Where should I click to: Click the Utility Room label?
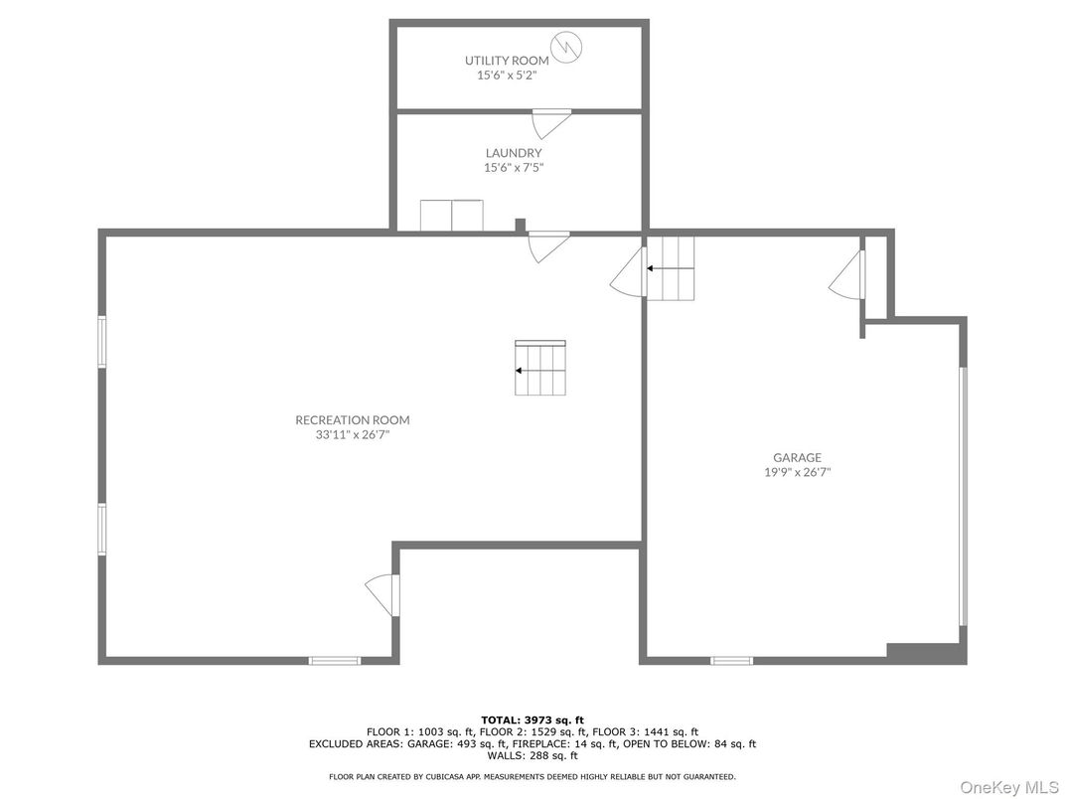[507, 61]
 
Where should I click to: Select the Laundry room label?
[514, 153]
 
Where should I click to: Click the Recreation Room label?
[352, 419]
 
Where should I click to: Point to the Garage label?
[797, 458]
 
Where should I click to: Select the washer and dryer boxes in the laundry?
[451, 215]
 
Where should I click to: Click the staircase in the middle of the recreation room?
[539, 368]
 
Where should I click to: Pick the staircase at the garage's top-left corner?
[671, 267]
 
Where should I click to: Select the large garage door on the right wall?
[962, 496]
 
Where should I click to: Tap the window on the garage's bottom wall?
[731, 660]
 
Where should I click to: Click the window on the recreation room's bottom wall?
[334, 660]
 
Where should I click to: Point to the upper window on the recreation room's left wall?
[102, 342]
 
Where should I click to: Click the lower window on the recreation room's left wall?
[102, 528]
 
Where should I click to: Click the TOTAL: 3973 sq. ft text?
[532, 719]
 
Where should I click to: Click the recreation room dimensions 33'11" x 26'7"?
[352, 434]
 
